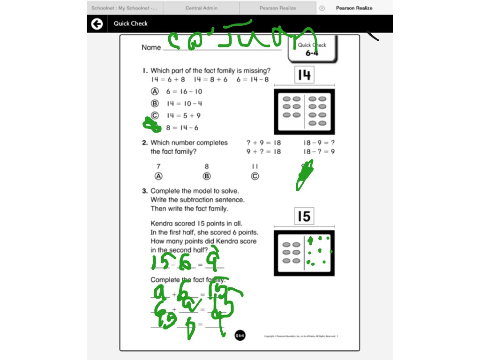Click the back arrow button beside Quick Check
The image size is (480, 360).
pos(97,23)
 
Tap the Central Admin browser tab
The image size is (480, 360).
pos(201,8)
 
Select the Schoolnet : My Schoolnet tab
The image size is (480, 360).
pos(124,8)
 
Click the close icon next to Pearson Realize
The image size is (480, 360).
pos(322,8)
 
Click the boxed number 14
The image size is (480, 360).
pos(304,75)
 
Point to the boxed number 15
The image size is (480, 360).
pos(304,216)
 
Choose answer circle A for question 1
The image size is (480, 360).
pos(155,92)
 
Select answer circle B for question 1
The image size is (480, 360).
pos(155,104)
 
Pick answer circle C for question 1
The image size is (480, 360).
pos(155,115)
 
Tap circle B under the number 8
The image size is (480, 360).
pos(207,176)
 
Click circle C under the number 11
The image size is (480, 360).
pos(255,176)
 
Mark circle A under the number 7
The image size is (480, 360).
pos(158,176)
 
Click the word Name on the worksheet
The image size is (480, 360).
pos(151,47)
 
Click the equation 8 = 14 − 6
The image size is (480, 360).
pos(182,127)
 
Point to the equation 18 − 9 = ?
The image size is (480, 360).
pos(319,142)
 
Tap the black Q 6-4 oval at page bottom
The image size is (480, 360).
pos(240,335)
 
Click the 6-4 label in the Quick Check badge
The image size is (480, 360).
pos(312,53)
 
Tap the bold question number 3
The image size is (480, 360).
pos(145,191)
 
